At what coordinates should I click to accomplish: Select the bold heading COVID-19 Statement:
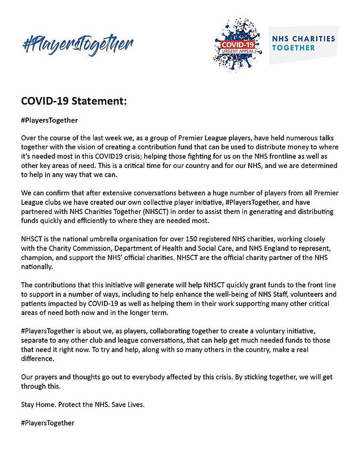tap(73, 102)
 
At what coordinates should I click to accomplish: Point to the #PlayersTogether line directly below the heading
tap(49, 120)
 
